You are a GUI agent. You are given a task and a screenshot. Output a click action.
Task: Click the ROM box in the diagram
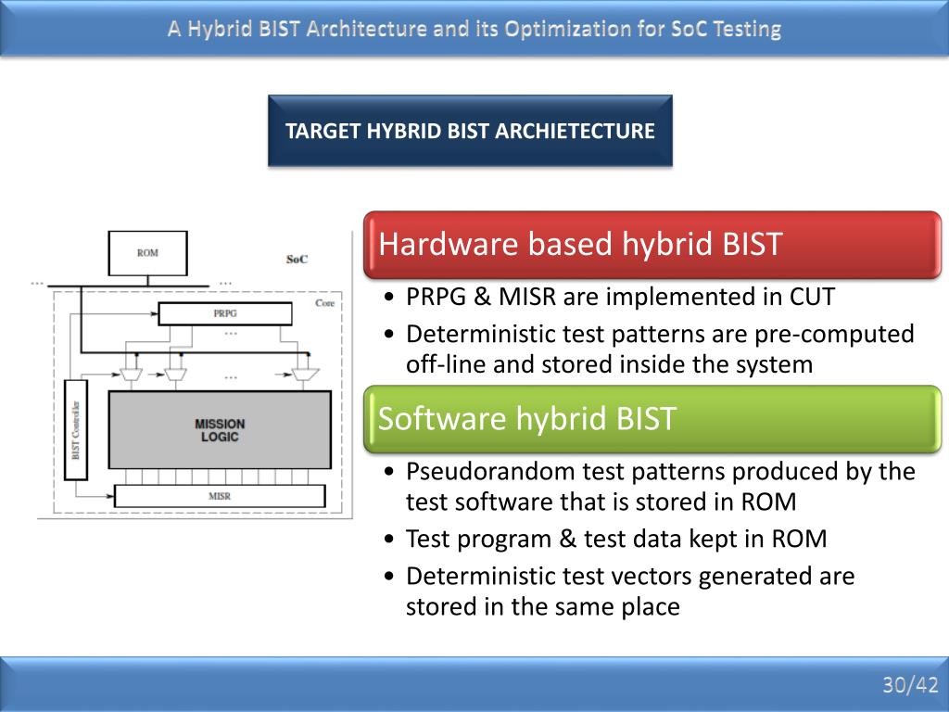(x=147, y=253)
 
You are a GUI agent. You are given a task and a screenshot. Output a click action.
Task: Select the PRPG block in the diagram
(x=225, y=313)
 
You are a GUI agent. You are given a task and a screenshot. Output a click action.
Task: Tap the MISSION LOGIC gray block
(x=220, y=430)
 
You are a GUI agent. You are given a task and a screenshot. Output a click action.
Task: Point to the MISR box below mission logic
(x=220, y=496)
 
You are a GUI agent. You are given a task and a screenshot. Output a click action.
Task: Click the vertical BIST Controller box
(x=75, y=429)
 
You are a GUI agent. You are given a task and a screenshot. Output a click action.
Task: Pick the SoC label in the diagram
(x=297, y=260)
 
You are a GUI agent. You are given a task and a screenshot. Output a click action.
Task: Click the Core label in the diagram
(x=324, y=303)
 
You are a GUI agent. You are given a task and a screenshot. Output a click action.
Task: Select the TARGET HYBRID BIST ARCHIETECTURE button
(x=470, y=131)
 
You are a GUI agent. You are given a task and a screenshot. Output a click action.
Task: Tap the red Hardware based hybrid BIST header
(x=652, y=245)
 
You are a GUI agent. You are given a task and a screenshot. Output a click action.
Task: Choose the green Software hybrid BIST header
(x=652, y=419)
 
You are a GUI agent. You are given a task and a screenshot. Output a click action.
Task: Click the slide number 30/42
(x=910, y=685)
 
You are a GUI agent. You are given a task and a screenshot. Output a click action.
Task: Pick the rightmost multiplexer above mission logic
(x=299, y=374)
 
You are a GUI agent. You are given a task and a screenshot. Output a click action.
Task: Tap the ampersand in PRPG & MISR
(x=482, y=298)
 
